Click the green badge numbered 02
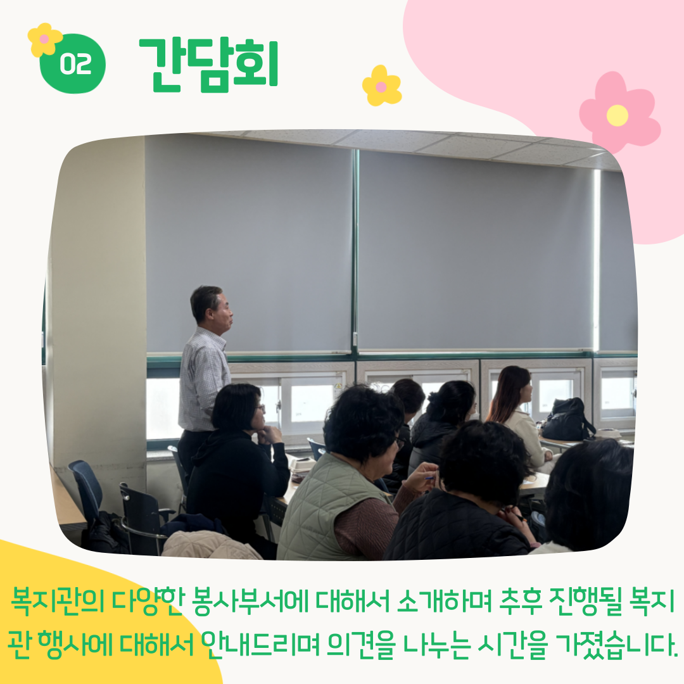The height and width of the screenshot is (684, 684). (x=73, y=64)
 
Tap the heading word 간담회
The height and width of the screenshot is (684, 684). (x=208, y=65)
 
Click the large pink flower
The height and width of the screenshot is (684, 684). (x=619, y=113)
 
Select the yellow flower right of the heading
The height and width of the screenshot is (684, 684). (x=382, y=86)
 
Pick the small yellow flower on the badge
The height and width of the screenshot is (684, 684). (x=44, y=40)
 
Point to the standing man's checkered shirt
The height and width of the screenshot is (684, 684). (x=203, y=379)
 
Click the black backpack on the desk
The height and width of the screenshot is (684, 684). (x=567, y=420)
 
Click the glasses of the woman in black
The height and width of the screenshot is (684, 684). (x=260, y=408)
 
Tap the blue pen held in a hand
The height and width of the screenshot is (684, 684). (x=430, y=478)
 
